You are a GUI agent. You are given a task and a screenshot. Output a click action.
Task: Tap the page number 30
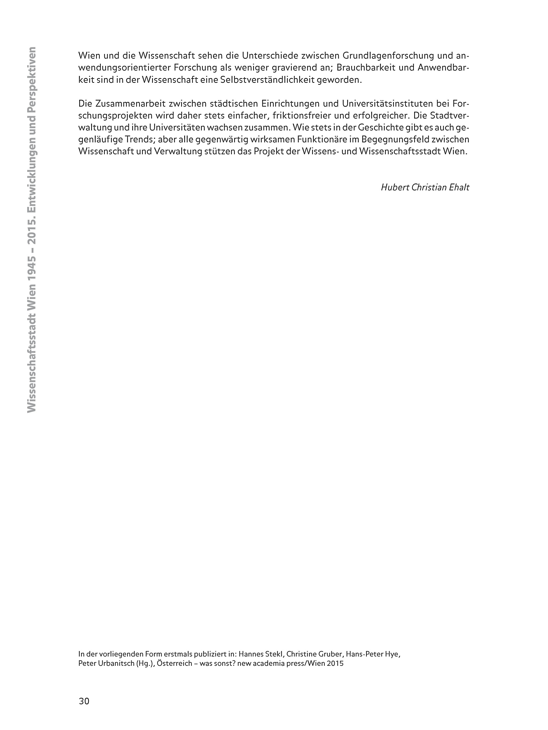coord(84,701)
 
